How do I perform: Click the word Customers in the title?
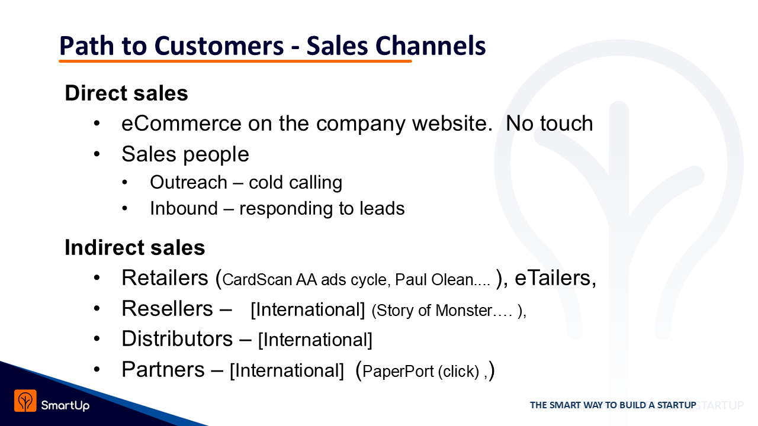[x=219, y=46]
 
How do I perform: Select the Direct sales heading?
[x=126, y=93]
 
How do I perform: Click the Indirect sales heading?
[x=134, y=247]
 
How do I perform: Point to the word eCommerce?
[x=181, y=123]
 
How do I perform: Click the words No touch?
[x=549, y=123]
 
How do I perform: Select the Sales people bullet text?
[x=185, y=154]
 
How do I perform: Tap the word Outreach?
[x=188, y=183]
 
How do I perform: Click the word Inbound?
[x=184, y=208]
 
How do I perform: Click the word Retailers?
[x=165, y=278]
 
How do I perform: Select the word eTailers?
[x=553, y=278]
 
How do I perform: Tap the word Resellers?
[x=167, y=308]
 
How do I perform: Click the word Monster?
[x=464, y=311]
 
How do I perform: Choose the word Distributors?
[x=177, y=339]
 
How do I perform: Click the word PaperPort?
[x=398, y=371]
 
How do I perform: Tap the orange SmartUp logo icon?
[x=25, y=401]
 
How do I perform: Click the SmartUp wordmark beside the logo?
[x=65, y=405]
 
